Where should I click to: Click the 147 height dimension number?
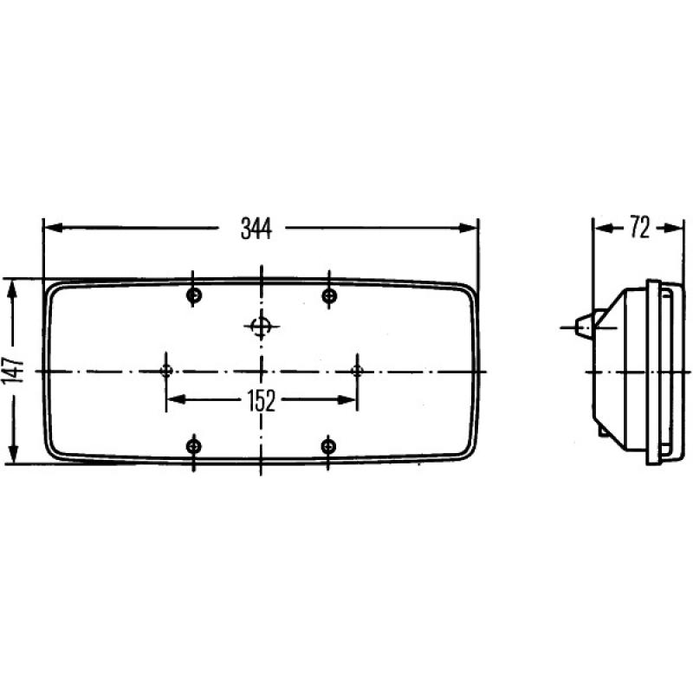tap(13, 371)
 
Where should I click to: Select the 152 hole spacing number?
tap(259, 400)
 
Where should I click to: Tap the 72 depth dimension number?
tap(639, 229)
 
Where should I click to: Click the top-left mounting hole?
tap(194, 296)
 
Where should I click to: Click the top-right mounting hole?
tap(328, 296)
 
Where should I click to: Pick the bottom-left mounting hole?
tap(194, 446)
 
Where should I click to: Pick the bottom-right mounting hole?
tap(328, 446)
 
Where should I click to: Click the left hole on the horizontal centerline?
tap(166, 371)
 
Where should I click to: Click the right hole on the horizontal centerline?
tap(356, 371)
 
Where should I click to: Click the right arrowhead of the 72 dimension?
tap(676, 229)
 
